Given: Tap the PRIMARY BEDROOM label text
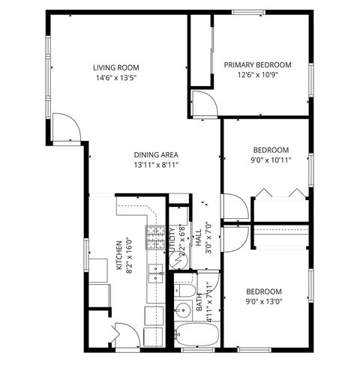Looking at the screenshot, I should coord(257,64).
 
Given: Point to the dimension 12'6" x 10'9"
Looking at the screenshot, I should coord(257,76).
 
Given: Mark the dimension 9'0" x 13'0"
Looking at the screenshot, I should coord(264,302).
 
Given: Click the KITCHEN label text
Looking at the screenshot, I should coord(118,255).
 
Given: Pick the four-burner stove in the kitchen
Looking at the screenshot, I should coord(155,238).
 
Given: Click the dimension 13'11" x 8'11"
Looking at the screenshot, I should coord(156,165).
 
